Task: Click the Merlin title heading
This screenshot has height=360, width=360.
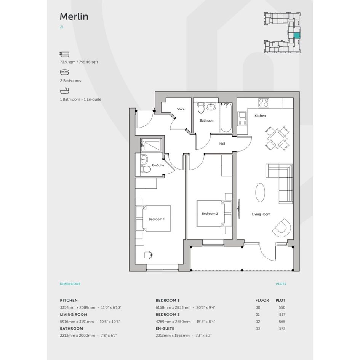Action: [x=74, y=16]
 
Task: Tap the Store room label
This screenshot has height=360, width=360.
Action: [x=181, y=109]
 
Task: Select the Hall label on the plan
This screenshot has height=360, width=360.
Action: [x=222, y=144]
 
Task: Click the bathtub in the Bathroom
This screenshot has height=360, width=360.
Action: [x=226, y=118]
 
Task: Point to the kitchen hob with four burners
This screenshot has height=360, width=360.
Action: [x=264, y=102]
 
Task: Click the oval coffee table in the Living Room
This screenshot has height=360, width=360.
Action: [x=260, y=192]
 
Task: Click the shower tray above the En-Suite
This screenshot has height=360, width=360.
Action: [x=151, y=145]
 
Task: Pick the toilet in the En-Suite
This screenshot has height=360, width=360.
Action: [x=145, y=170]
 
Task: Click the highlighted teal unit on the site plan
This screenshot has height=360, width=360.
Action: [x=297, y=35]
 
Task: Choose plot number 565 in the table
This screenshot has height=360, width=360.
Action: [x=282, y=322]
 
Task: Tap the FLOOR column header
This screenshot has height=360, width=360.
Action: [x=262, y=300]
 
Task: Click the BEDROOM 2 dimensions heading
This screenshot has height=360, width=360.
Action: [x=168, y=315]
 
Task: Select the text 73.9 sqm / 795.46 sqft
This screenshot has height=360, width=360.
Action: [x=79, y=62]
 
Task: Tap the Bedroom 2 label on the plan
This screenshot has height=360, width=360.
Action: [x=210, y=213]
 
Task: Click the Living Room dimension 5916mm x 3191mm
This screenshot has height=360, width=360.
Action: [x=77, y=322]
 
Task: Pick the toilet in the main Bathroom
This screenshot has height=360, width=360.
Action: [x=201, y=108]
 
